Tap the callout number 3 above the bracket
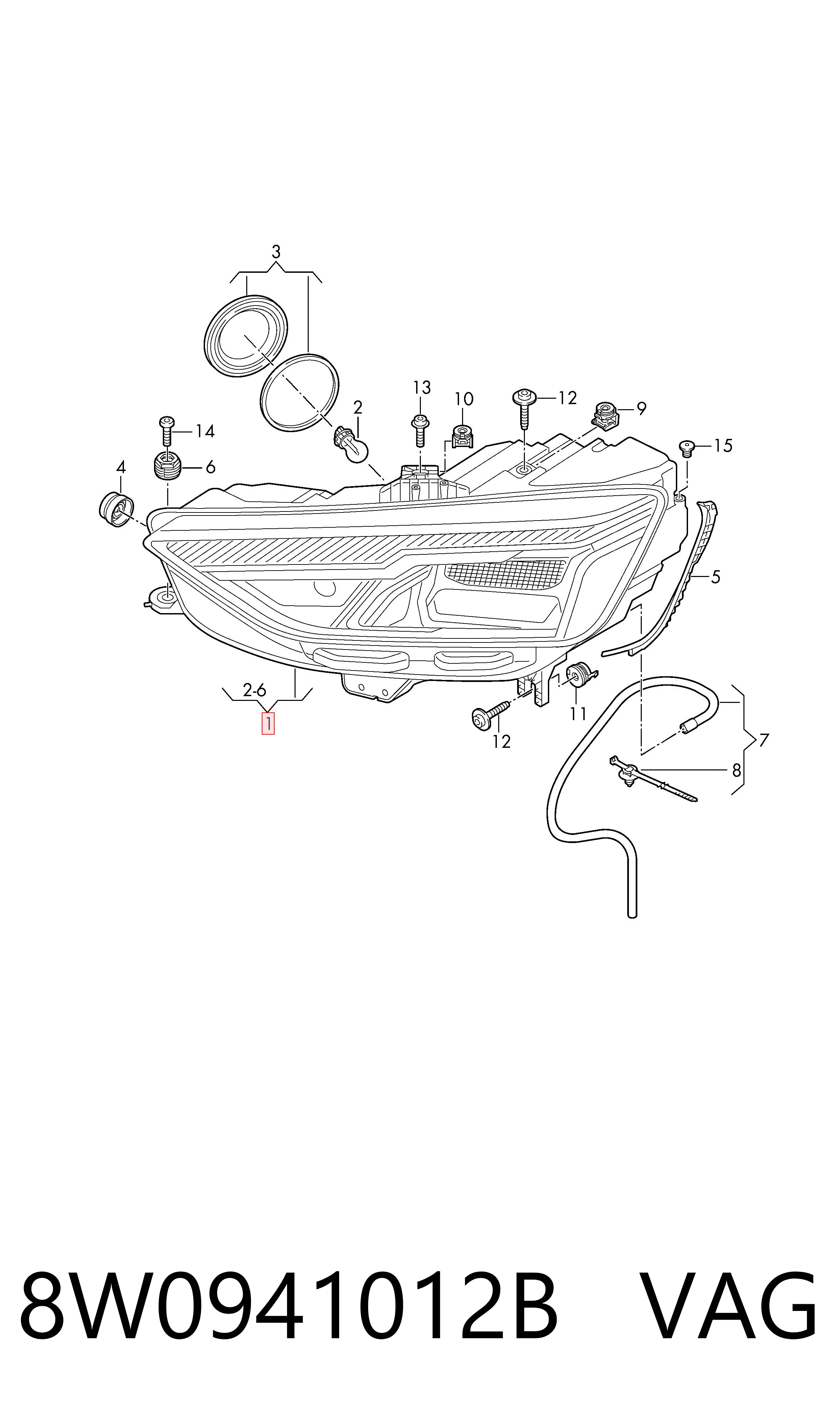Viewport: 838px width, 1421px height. [276, 252]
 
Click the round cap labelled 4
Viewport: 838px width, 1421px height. [116, 509]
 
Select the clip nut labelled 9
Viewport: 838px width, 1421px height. [605, 415]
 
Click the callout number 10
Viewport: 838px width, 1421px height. [464, 399]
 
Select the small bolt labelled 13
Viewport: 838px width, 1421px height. [420, 430]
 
